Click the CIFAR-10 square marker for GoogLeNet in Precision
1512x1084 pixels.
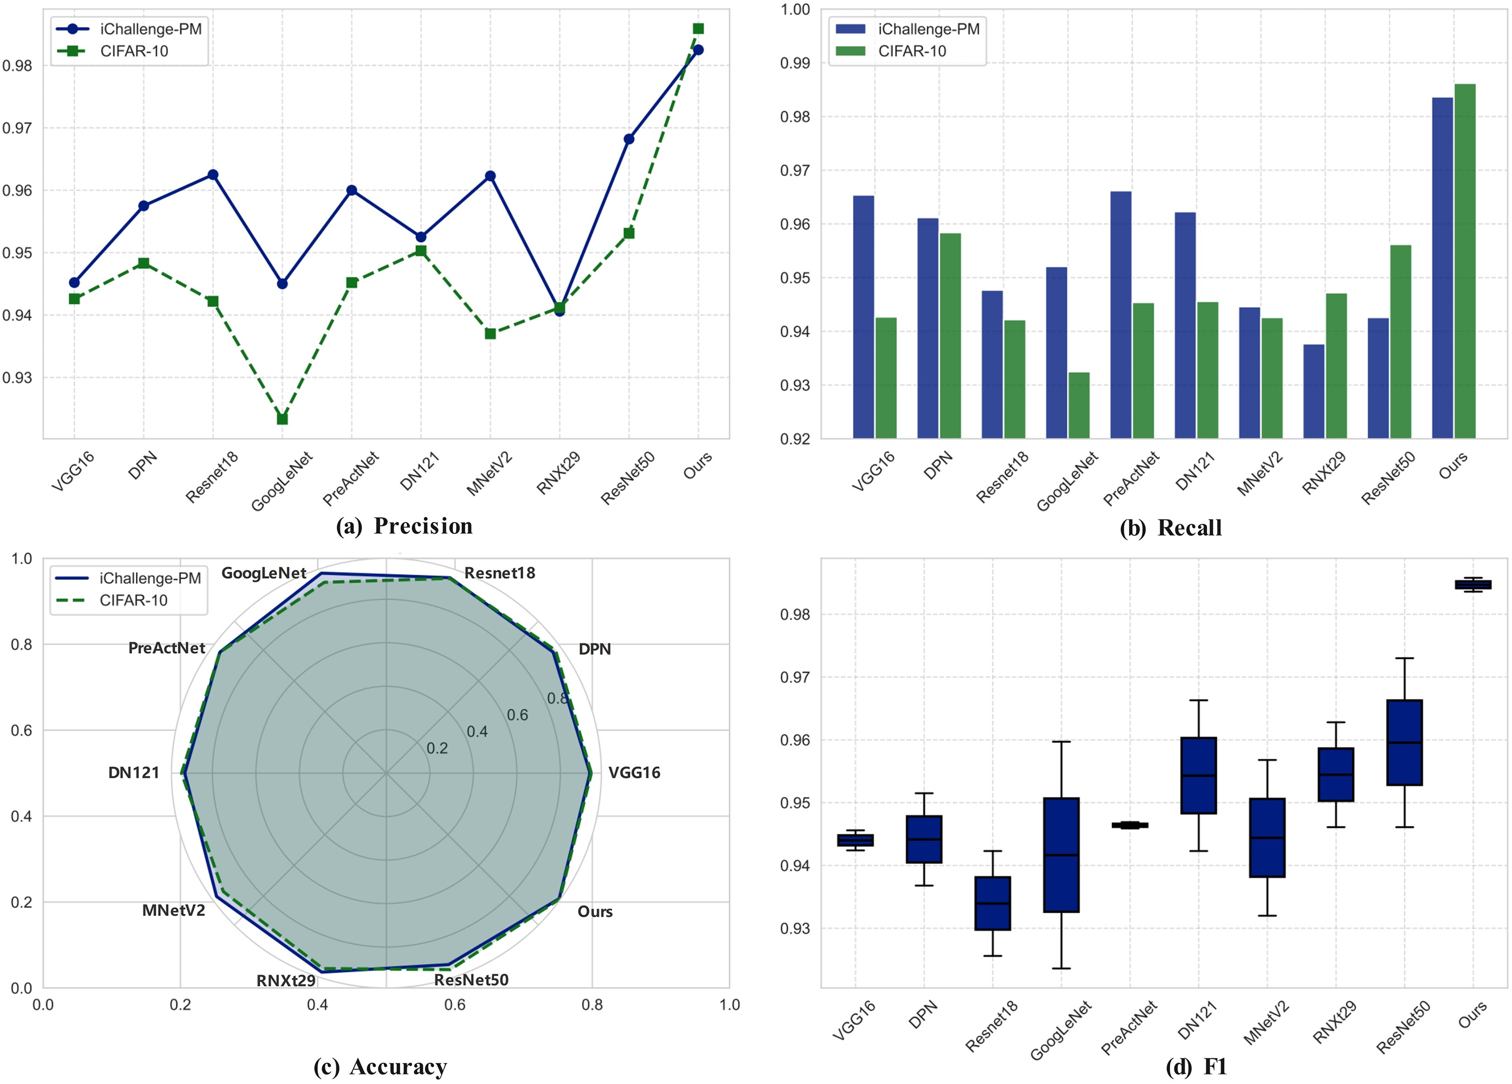[x=282, y=418]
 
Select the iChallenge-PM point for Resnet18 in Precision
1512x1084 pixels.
[x=213, y=175]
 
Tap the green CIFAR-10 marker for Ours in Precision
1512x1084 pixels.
[x=698, y=29]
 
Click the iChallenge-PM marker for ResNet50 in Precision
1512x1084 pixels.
[x=629, y=139]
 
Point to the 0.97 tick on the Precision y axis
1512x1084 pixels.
[x=17, y=128]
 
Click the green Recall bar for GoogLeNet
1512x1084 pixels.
[x=1079, y=405]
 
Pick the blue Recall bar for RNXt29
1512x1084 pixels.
[x=1313, y=391]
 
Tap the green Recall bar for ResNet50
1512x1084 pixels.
[x=1400, y=341]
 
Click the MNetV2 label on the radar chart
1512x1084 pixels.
[x=174, y=910]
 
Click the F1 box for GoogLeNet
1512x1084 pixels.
[x=1061, y=855]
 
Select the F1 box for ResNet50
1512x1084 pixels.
[x=1404, y=742]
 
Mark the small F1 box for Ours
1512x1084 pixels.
[x=1473, y=585]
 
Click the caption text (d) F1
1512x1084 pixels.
[x=1196, y=1067]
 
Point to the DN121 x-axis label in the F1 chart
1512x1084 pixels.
[x=1197, y=1020]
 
